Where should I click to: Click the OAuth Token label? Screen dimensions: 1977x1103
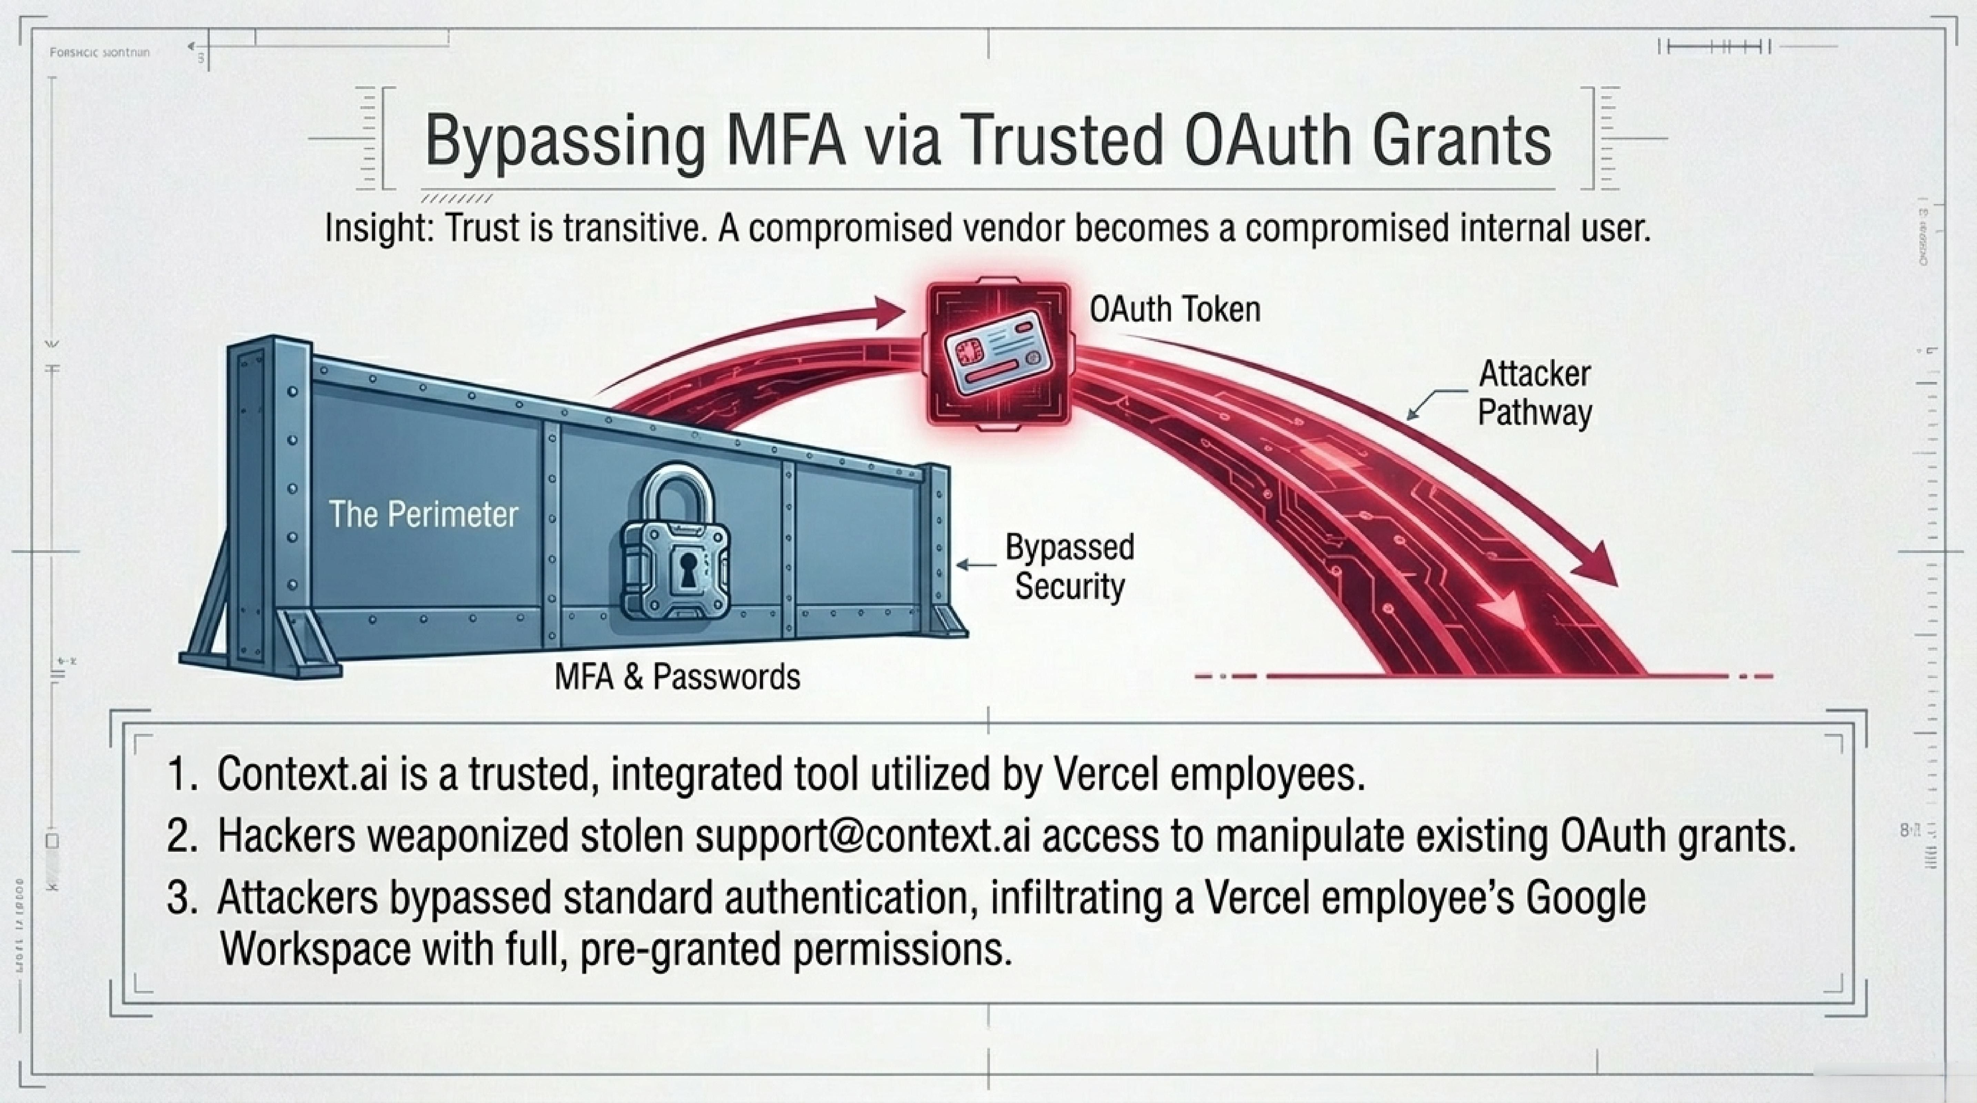pos(1174,309)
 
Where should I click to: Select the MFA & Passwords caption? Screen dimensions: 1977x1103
pos(677,677)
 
